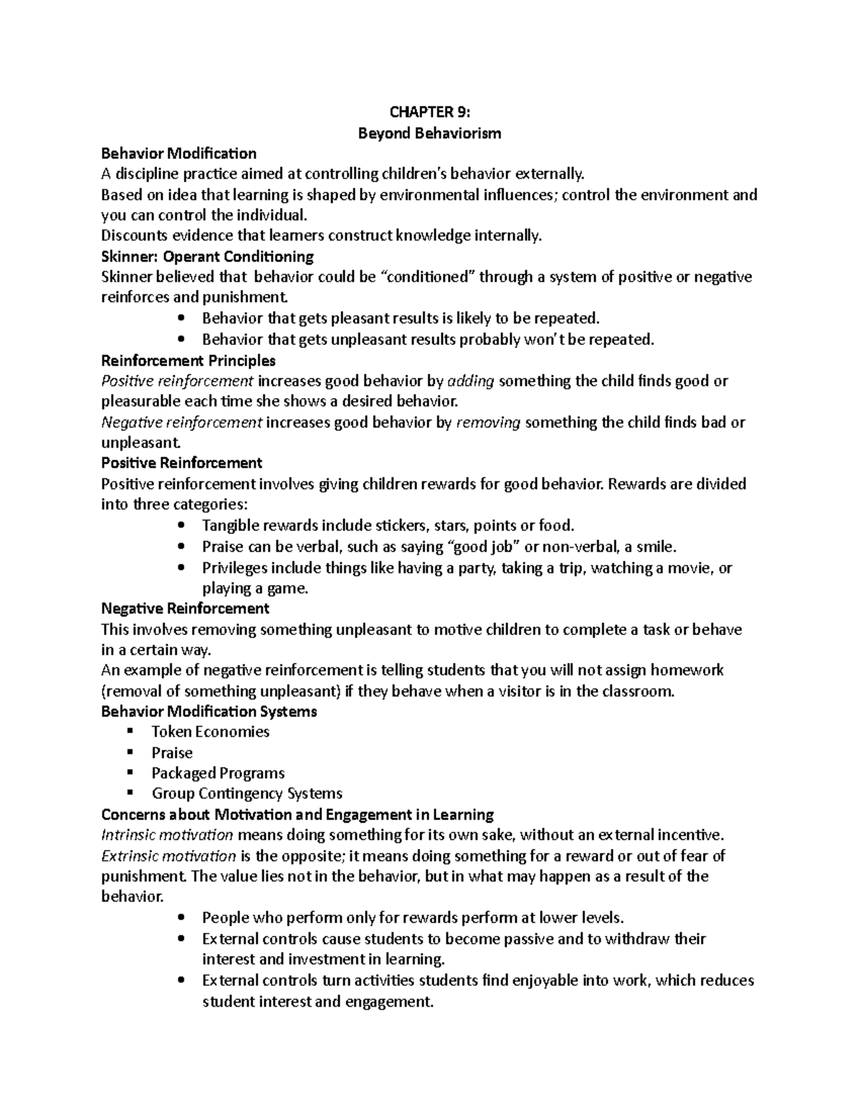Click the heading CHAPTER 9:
(x=430, y=112)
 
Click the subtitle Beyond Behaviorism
(x=430, y=132)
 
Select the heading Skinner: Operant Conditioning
(x=208, y=256)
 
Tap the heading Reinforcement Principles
(x=188, y=360)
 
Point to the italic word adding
(x=470, y=381)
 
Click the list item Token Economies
(x=210, y=732)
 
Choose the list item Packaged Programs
(x=218, y=773)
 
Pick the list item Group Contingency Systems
(x=247, y=793)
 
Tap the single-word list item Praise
(x=172, y=753)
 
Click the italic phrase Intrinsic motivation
(x=167, y=835)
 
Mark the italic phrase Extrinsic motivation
(x=168, y=856)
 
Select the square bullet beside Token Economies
(x=130, y=732)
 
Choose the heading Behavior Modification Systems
(x=209, y=712)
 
